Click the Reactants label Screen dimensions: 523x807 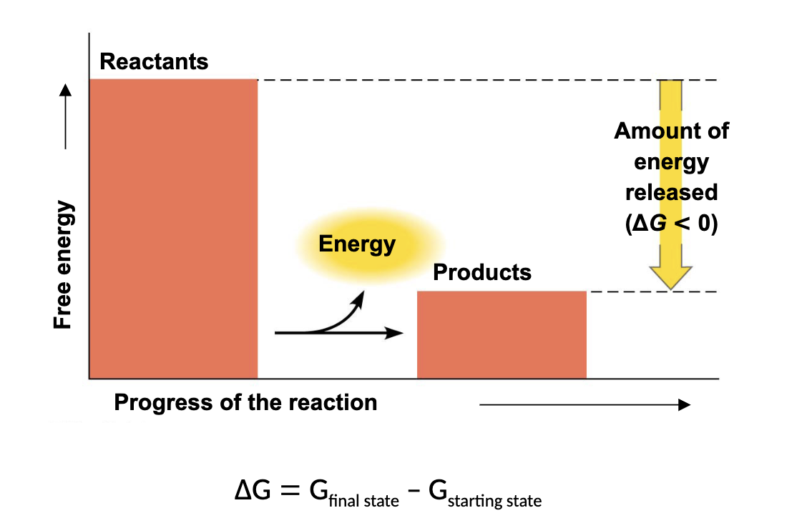pos(154,61)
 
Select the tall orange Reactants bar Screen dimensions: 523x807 pos(173,229)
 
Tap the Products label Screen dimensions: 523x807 pos(482,272)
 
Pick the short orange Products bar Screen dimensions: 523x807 pos(502,334)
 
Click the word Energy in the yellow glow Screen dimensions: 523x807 pos(357,244)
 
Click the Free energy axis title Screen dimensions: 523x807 pos(64,265)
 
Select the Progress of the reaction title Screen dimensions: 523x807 pos(245,402)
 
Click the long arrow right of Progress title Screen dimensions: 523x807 pos(585,404)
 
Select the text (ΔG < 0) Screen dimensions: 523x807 pos(671,224)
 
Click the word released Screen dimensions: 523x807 pos(671,193)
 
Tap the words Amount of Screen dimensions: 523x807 pos(671,131)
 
